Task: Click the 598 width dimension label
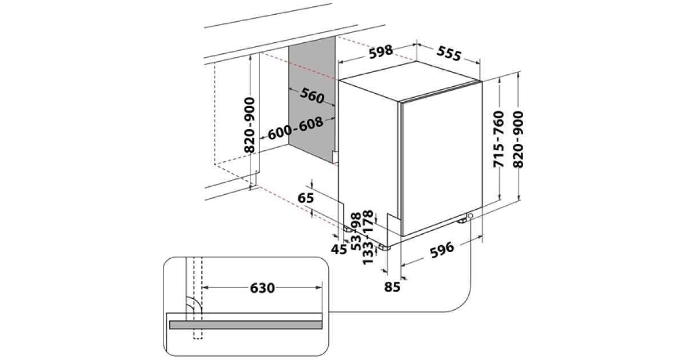[381, 51]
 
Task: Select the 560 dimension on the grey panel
[312, 97]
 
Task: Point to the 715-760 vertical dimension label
[498, 140]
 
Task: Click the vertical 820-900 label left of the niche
[250, 125]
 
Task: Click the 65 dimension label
[306, 199]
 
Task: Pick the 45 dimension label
[340, 249]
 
